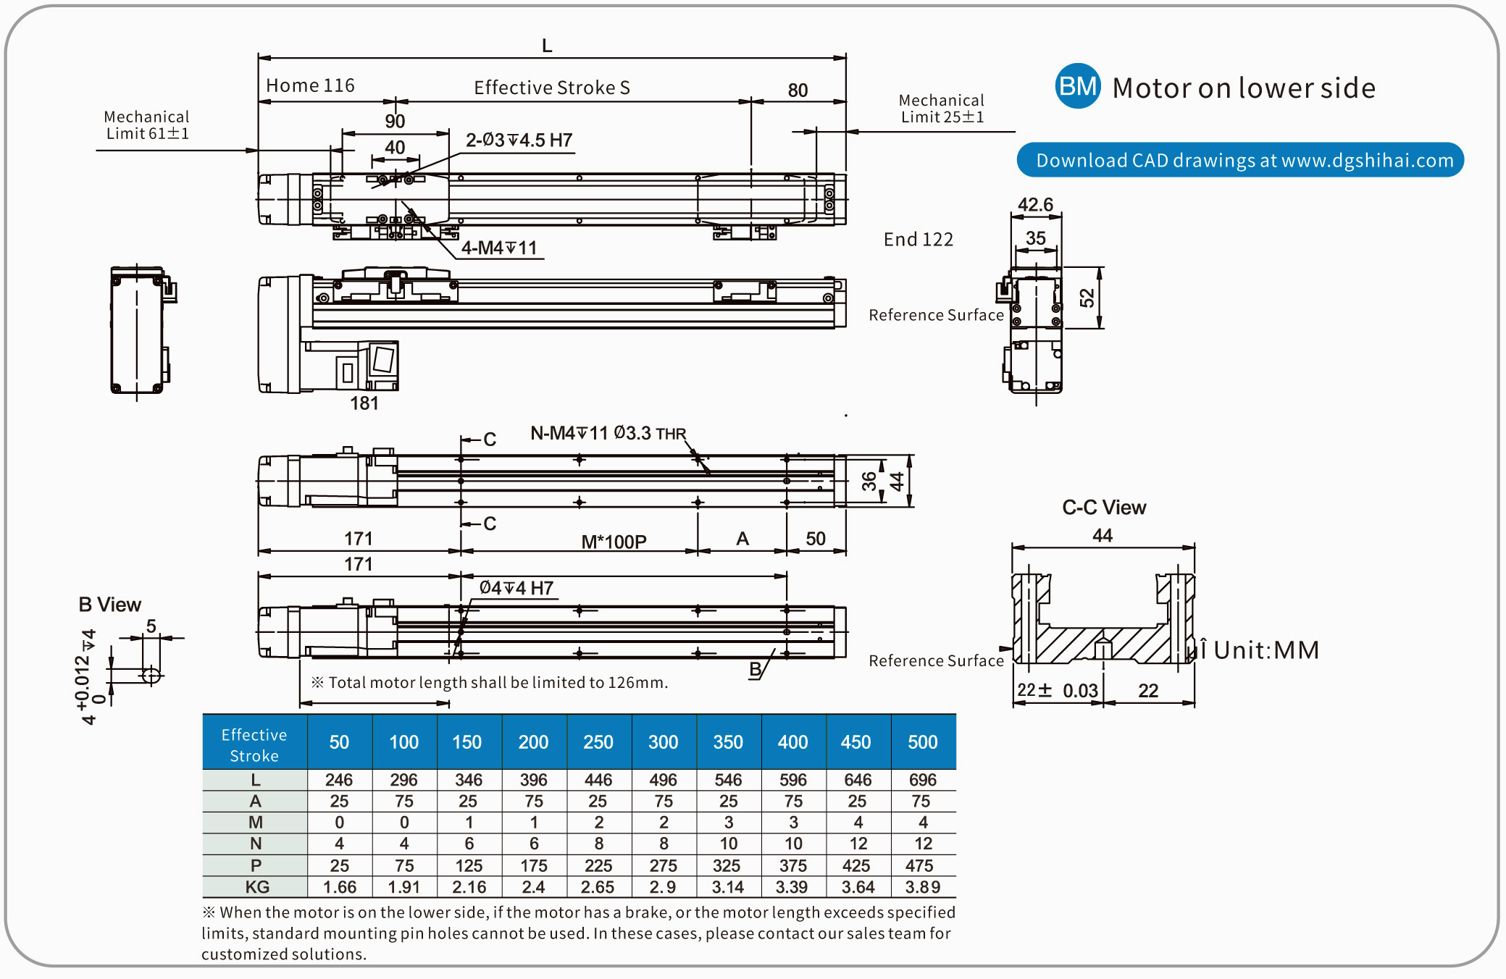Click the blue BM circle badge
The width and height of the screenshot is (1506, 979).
coord(1077,86)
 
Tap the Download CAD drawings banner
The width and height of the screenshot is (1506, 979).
coord(1240,160)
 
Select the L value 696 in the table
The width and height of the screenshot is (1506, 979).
coord(922,780)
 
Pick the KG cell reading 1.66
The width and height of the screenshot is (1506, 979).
coord(339,887)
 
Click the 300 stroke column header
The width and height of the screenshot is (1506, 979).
coord(663,742)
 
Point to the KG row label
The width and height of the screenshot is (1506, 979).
coord(256,887)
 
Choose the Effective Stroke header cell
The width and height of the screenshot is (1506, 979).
coord(254,744)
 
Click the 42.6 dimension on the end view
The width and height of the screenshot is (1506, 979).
coord(1035,205)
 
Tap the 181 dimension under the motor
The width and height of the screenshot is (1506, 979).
coord(364,403)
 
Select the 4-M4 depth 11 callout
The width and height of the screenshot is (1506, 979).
coord(499,248)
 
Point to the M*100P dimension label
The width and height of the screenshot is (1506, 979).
coord(614,542)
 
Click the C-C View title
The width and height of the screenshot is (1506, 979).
coord(1103,508)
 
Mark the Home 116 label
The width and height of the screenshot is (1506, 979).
coord(310,85)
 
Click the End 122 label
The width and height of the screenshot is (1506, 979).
coord(918,240)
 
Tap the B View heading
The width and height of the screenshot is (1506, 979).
coord(109,605)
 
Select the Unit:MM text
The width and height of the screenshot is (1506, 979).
coord(1266,650)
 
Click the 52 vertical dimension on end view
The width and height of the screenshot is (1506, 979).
coord(1087,298)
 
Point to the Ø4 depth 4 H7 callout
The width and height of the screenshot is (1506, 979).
coord(516,588)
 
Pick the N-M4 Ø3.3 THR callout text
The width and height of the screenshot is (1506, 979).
coord(608,433)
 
